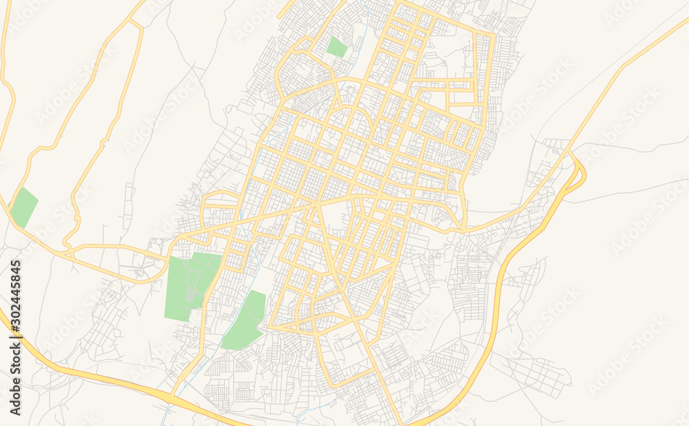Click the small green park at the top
click(336, 47)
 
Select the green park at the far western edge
click(24, 207)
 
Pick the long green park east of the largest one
click(245, 321)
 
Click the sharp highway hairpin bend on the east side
click(581, 171)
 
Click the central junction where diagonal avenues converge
click(316, 205)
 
